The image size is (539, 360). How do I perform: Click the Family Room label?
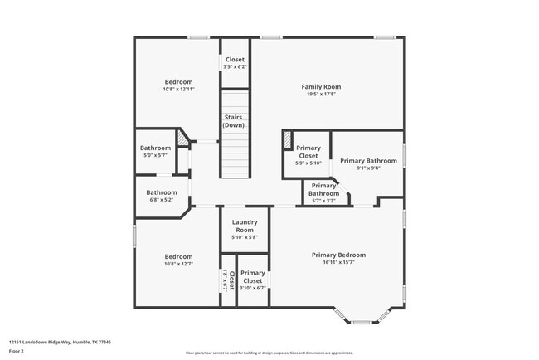tap(320, 86)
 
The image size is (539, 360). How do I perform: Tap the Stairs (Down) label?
tap(234, 121)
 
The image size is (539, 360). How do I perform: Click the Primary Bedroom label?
tap(338, 255)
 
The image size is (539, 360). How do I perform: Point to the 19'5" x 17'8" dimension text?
tap(320, 95)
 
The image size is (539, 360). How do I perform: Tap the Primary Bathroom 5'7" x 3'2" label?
tap(324, 190)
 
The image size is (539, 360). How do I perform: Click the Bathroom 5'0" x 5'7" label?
tap(155, 152)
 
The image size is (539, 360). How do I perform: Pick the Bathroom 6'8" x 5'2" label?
tap(162, 196)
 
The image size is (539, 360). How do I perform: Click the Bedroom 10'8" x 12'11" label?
tap(178, 86)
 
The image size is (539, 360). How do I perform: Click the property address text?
tap(60, 342)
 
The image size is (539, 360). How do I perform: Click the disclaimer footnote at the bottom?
tap(269, 353)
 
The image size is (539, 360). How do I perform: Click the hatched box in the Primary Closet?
tap(288, 140)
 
